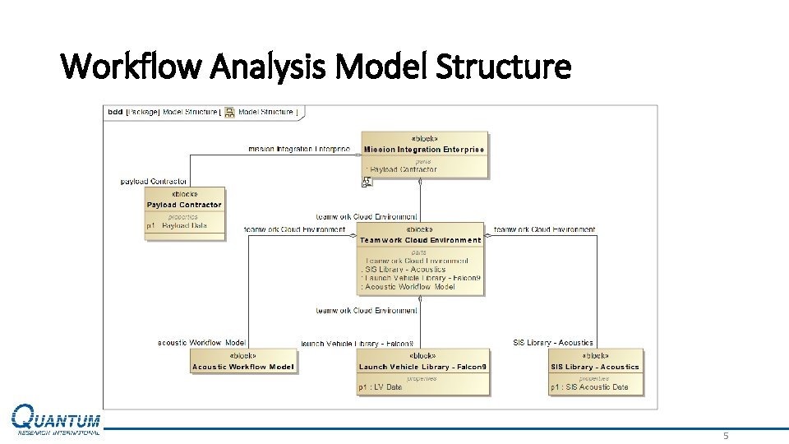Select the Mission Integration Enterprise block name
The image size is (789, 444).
424,150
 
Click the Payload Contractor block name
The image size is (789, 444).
184,205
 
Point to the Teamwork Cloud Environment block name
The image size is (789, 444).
420,240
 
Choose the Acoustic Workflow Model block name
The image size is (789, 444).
243,367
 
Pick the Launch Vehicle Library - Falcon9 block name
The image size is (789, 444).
423,367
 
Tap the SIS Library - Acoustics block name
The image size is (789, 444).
595,367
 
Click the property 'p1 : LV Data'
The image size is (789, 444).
381,387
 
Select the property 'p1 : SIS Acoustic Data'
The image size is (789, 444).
589,387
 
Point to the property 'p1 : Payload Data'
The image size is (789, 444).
177,225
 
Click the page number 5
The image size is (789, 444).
726,436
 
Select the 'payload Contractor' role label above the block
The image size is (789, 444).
154,181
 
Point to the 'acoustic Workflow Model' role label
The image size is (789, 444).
201,343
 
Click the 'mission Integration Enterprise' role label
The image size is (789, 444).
299,150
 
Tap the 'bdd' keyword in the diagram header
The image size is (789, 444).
115,112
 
